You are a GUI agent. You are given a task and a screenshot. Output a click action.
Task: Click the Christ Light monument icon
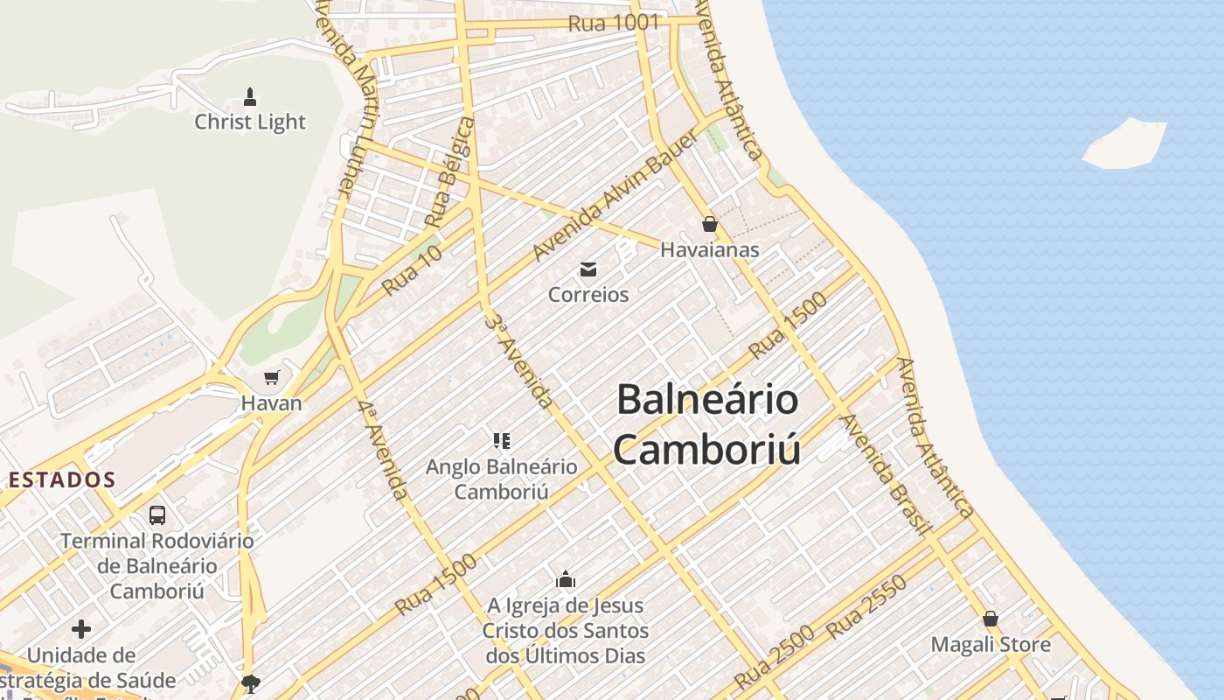click(250, 96)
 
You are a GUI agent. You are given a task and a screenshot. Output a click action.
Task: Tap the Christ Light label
click(250, 122)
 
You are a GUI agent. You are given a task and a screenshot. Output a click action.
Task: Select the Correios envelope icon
click(588, 269)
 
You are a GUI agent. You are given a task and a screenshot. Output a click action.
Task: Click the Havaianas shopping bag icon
click(710, 224)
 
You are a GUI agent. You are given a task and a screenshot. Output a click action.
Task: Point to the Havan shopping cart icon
click(271, 378)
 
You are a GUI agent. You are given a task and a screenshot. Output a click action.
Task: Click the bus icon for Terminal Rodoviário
click(157, 515)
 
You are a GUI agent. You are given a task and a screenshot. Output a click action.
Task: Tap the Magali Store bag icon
click(991, 619)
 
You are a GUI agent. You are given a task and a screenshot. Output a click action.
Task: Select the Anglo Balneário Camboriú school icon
click(501, 440)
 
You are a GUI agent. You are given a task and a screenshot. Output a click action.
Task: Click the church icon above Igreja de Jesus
click(566, 579)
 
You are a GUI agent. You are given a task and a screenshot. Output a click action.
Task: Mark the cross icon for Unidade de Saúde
click(81, 629)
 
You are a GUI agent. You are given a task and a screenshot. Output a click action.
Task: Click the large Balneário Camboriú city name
click(707, 424)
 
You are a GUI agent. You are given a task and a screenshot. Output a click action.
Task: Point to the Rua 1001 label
click(613, 24)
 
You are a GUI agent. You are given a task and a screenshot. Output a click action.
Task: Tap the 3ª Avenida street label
click(518, 359)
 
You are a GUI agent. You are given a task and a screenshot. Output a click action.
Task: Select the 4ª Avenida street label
click(383, 450)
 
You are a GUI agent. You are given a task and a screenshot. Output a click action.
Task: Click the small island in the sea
click(1124, 143)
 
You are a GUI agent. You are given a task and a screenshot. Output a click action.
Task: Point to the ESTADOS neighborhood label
click(62, 479)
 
